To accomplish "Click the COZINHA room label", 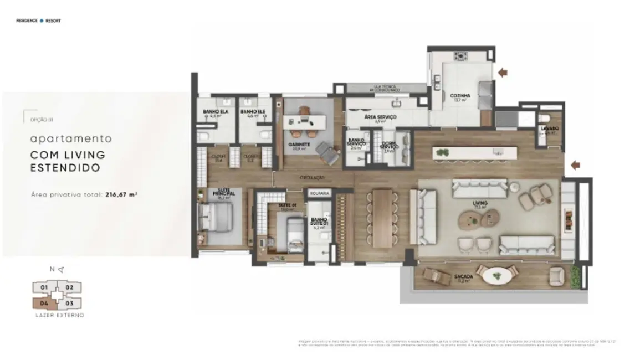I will (460, 95).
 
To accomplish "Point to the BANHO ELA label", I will (216, 112).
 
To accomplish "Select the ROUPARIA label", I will (320, 193).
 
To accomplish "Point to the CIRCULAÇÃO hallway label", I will (312, 177).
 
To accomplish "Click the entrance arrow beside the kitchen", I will (503, 72).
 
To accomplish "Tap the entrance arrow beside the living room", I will (576, 164).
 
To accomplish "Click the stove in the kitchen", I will (460, 55).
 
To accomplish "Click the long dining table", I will (382, 218).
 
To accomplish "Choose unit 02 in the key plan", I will (70, 287).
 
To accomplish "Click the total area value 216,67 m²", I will (121, 195).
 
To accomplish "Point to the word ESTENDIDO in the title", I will (65, 167).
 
